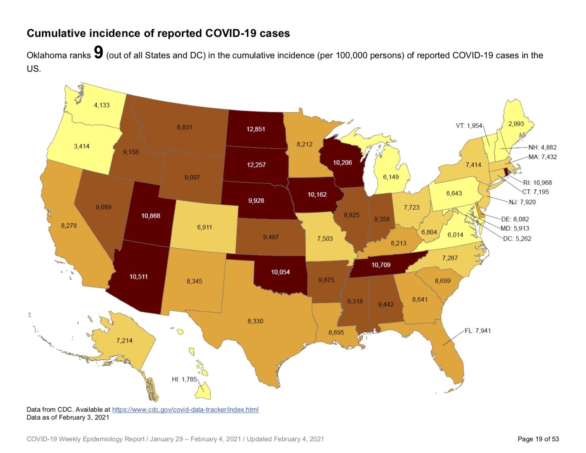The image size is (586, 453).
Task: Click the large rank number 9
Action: coord(98,53)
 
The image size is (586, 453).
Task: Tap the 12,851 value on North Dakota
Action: coord(255,129)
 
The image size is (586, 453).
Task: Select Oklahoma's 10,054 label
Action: coord(280,272)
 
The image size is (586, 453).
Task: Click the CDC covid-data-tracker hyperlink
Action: coord(185,409)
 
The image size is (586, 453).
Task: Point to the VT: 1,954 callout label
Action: coord(469,126)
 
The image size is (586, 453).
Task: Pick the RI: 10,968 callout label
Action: coord(537,182)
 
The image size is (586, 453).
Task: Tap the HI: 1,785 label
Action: coord(184,379)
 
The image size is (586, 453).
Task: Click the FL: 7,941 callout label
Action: coord(478,331)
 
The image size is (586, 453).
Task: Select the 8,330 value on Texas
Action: coord(255,321)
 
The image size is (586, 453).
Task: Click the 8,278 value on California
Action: coord(69,225)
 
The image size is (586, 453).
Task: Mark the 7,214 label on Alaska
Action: coord(124,340)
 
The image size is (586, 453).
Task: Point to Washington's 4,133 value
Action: coord(102,105)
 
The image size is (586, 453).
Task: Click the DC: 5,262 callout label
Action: coord(517,238)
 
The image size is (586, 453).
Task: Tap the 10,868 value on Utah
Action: coord(151,216)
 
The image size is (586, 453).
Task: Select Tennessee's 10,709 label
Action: coord(381,265)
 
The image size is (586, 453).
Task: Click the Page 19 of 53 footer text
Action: coord(538,439)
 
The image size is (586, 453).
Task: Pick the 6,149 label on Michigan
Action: coord(391,177)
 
